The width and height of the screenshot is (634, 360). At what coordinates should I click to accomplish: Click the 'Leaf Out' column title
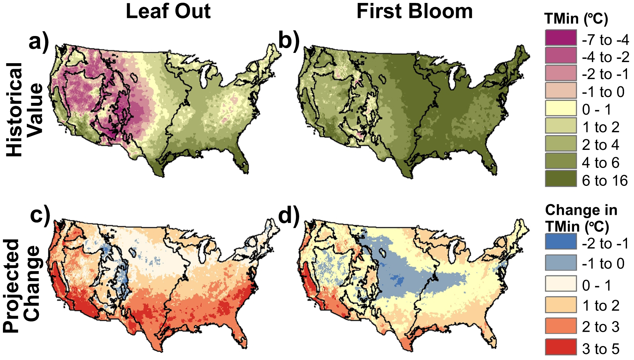pos(168,11)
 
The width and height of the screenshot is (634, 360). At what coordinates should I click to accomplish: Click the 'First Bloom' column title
pos(414,11)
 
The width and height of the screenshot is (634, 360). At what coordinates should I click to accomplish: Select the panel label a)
pos(39,42)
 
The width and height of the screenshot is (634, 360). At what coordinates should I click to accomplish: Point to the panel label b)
pos(289,40)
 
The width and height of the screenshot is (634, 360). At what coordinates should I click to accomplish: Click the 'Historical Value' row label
pos(25,109)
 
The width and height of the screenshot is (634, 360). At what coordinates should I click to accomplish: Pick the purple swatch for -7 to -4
pos(560,38)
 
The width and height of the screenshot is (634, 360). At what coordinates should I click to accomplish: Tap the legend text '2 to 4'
pos(601,145)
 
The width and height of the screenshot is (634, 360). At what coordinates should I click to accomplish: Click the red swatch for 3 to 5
pos(560,347)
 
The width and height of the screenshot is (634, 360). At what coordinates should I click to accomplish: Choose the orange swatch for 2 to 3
pos(560,326)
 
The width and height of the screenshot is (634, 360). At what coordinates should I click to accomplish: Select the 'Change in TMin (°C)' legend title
pos(581,218)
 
